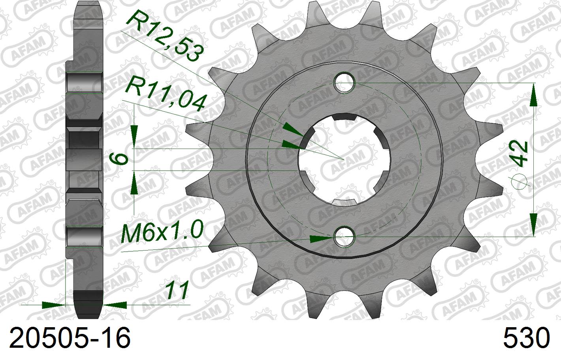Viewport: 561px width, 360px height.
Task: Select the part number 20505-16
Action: [x=70, y=339]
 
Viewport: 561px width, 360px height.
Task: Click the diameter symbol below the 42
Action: [x=520, y=180]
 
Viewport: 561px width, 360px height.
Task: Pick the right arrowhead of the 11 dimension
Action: [x=115, y=305]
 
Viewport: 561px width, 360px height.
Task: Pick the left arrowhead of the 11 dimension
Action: [x=53, y=305]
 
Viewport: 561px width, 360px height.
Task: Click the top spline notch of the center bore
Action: [x=344, y=117]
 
